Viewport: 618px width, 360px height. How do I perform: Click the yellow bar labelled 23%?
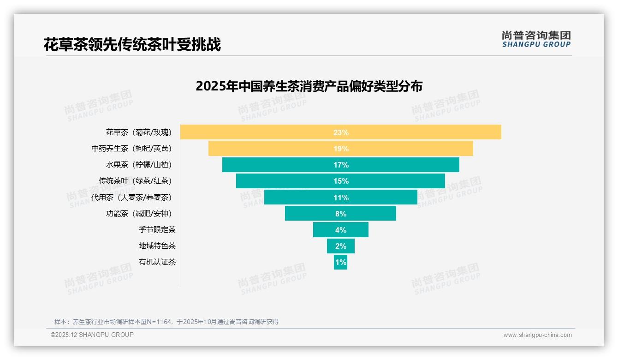340,132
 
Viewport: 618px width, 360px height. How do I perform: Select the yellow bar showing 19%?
340,149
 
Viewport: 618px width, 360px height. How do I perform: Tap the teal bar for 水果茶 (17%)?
340,165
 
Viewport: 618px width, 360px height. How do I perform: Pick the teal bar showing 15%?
340,181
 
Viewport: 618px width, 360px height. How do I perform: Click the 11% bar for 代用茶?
340,198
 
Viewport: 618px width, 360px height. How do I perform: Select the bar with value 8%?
340,214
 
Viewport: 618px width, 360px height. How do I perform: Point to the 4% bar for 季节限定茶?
340,230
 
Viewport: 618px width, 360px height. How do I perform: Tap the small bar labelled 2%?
340,246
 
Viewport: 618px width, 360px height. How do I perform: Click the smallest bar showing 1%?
340,262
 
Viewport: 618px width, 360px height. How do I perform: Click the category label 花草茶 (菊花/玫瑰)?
138,132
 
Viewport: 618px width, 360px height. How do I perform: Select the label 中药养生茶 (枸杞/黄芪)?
131,149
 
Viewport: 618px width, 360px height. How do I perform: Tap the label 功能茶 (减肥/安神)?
138,214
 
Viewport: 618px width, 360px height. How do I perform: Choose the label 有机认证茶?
157,262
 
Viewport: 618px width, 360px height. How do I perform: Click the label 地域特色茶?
157,246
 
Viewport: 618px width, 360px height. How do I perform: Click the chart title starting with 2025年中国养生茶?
309,86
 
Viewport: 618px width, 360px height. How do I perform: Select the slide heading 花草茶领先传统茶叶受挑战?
132,44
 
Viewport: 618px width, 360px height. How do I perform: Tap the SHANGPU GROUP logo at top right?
536,39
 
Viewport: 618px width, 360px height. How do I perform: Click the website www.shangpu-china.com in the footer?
537,335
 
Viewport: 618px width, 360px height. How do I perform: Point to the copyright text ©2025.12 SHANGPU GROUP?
92,335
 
